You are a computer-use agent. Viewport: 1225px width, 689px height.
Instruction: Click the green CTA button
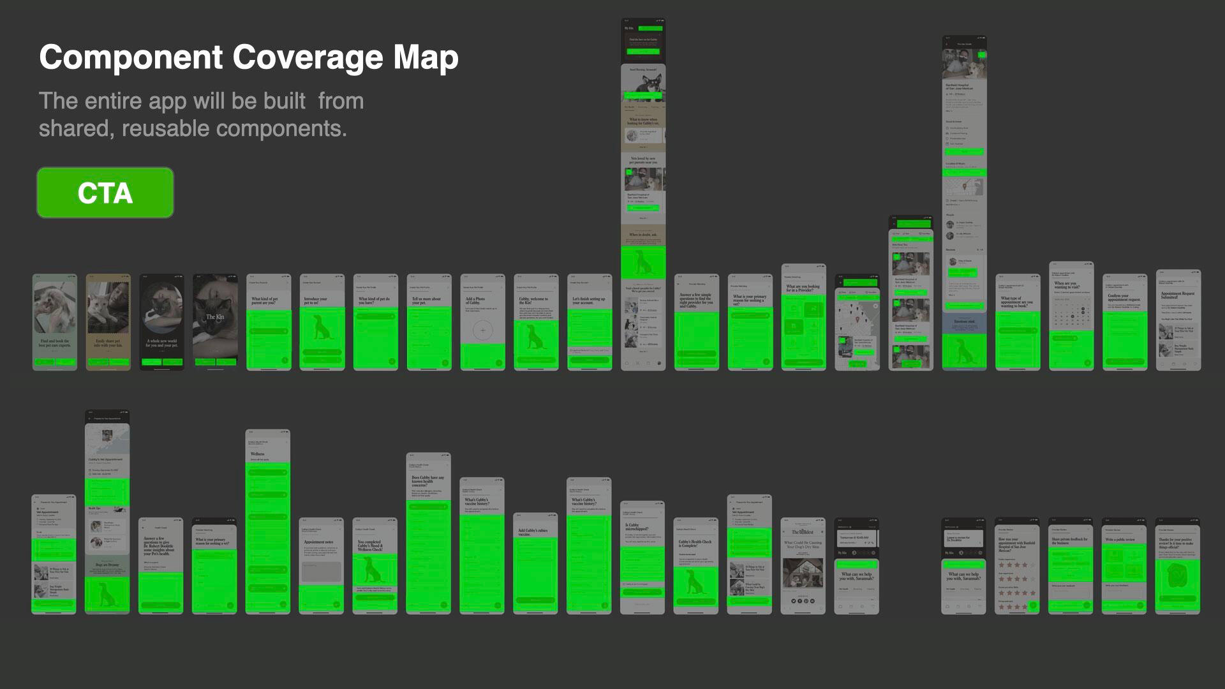click(x=105, y=193)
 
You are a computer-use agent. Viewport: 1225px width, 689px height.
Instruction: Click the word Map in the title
click(x=426, y=57)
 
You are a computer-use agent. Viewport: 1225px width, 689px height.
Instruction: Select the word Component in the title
click(x=131, y=57)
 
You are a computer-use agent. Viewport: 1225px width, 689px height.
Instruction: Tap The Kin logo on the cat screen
click(x=215, y=316)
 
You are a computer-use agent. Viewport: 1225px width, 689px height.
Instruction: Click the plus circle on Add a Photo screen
click(x=483, y=330)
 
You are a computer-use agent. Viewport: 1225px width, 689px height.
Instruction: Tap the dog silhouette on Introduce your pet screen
click(x=322, y=329)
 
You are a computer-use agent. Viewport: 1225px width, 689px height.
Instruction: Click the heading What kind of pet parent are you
click(x=265, y=300)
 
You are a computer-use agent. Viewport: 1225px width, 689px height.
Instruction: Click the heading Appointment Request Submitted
click(x=1178, y=295)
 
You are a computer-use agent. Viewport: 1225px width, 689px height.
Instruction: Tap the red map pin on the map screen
click(x=857, y=311)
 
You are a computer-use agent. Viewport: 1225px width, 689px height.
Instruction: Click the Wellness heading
click(x=258, y=454)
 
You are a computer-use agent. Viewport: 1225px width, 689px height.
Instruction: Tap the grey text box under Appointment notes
click(x=322, y=572)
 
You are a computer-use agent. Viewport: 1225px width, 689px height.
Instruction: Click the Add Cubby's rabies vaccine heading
click(x=533, y=532)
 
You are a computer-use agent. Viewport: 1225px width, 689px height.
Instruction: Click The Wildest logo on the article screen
click(x=803, y=531)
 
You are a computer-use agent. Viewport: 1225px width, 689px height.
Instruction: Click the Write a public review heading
click(x=1120, y=540)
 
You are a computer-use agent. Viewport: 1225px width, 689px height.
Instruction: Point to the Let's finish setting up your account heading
click(x=589, y=300)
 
